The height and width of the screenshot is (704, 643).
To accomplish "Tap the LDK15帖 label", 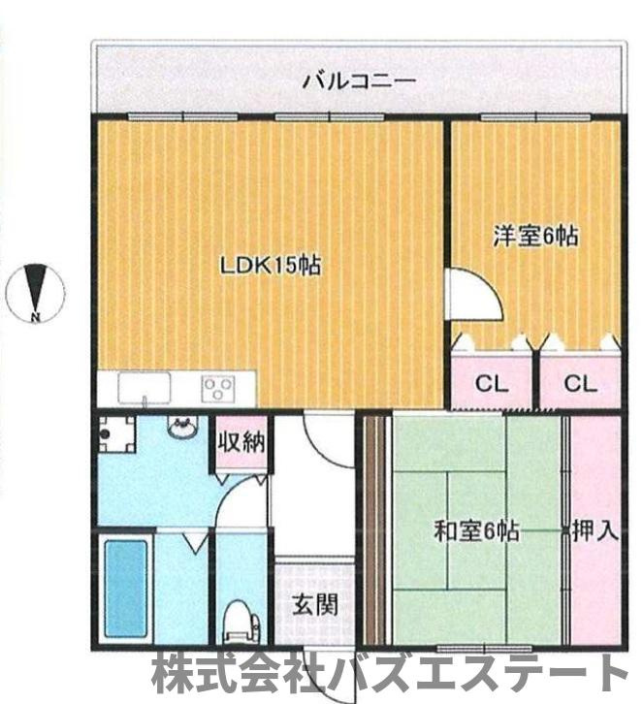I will click(x=271, y=264).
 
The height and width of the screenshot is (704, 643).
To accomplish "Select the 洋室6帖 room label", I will click(x=535, y=236).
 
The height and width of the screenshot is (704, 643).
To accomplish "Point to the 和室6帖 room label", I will click(x=475, y=531).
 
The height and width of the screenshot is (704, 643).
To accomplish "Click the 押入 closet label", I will click(x=595, y=530).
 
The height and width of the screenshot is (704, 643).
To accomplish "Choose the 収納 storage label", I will click(x=241, y=444).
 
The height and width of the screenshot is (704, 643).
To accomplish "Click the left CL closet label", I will click(x=492, y=383).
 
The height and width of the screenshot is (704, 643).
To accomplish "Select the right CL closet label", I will click(x=579, y=383).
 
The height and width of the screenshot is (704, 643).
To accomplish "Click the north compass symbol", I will click(x=36, y=291).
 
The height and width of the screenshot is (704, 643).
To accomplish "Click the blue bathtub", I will click(x=126, y=590).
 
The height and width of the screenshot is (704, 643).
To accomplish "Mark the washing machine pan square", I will click(x=116, y=433).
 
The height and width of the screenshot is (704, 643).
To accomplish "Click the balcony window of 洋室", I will click(x=535, y=117).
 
